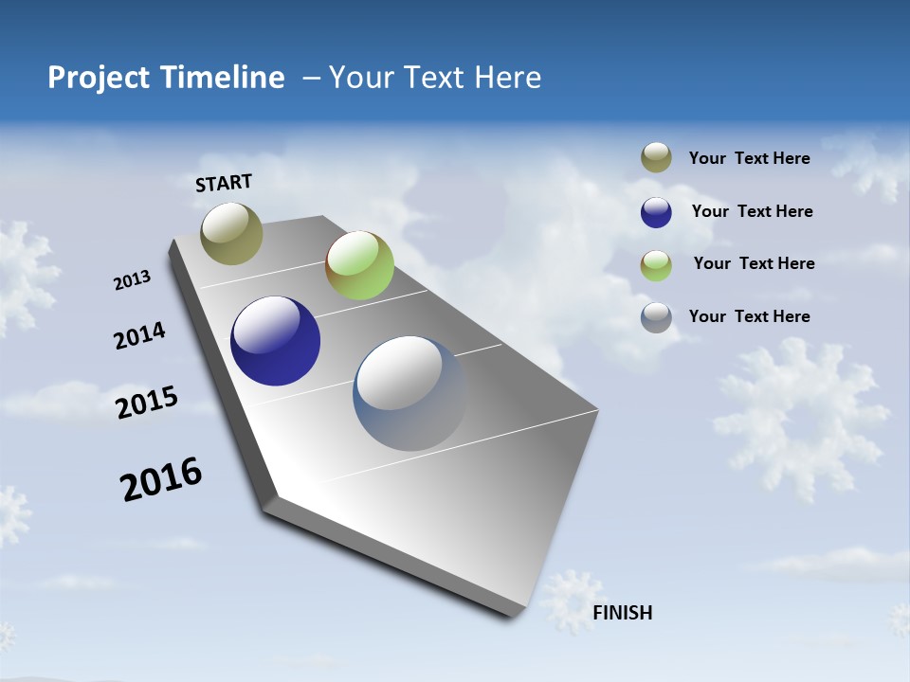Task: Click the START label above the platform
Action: click(x=224, y=183)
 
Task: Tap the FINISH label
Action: click(x=623, y=613)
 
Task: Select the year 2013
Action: click(x=132, y=280)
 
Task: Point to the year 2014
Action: click(x=139, y=336)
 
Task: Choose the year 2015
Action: click(x=147, y=403)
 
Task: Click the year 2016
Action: click(x=161, y=479)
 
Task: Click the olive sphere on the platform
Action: click(x=231, y=233)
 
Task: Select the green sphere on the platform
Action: click(x=359, y=265)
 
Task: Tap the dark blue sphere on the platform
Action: click(x=275, y=341)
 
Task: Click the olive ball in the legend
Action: click(x=656, y=158)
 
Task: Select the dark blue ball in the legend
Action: click(x=656, y=212)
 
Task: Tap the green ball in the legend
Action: click(x=656, y=265)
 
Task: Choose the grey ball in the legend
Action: click(x=656, y=317)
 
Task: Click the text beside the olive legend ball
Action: click(x=749, y=159)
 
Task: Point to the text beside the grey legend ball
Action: click(x=749, y=316)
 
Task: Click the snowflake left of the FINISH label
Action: click(x=571, y=599)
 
